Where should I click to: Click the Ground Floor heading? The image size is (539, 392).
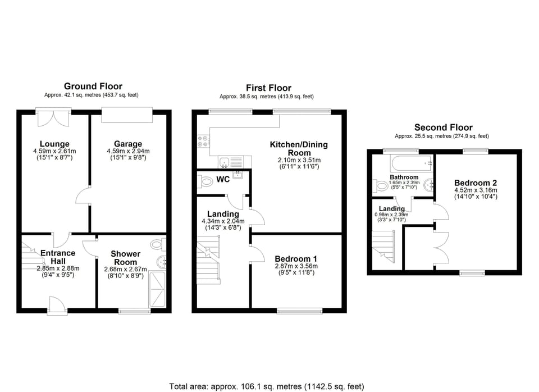coord(93,86)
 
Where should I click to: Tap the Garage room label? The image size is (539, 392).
coord(128,144)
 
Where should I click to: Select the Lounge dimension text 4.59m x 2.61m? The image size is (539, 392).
coord(54,151)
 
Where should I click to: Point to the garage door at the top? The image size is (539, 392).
coord(127,115)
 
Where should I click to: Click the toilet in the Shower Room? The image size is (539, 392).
coord(158,245)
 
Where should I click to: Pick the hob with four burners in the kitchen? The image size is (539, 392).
coord(203,142)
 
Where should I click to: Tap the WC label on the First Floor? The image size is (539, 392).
coord(223,181)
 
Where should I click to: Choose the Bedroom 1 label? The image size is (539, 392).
coord(296,259)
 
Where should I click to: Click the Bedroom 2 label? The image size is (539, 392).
coord(475,183)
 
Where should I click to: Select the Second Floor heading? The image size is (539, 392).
coord(443,127)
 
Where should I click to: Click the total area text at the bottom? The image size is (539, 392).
coord(267,386)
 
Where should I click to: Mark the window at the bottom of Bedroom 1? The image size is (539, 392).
coord(300,310)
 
